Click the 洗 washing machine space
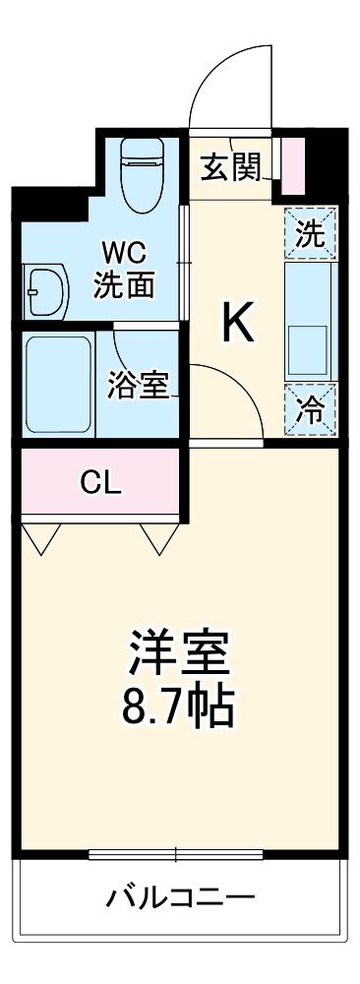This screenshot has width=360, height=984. [310, 233]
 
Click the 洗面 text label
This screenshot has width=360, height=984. [124, 284]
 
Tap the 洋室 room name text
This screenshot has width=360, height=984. [179, 650]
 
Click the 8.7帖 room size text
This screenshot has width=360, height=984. [179, 705]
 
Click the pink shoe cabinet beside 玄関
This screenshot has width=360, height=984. [293, 166]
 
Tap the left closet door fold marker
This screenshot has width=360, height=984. [41, 538]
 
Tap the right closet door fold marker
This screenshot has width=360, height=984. [157, 538]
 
